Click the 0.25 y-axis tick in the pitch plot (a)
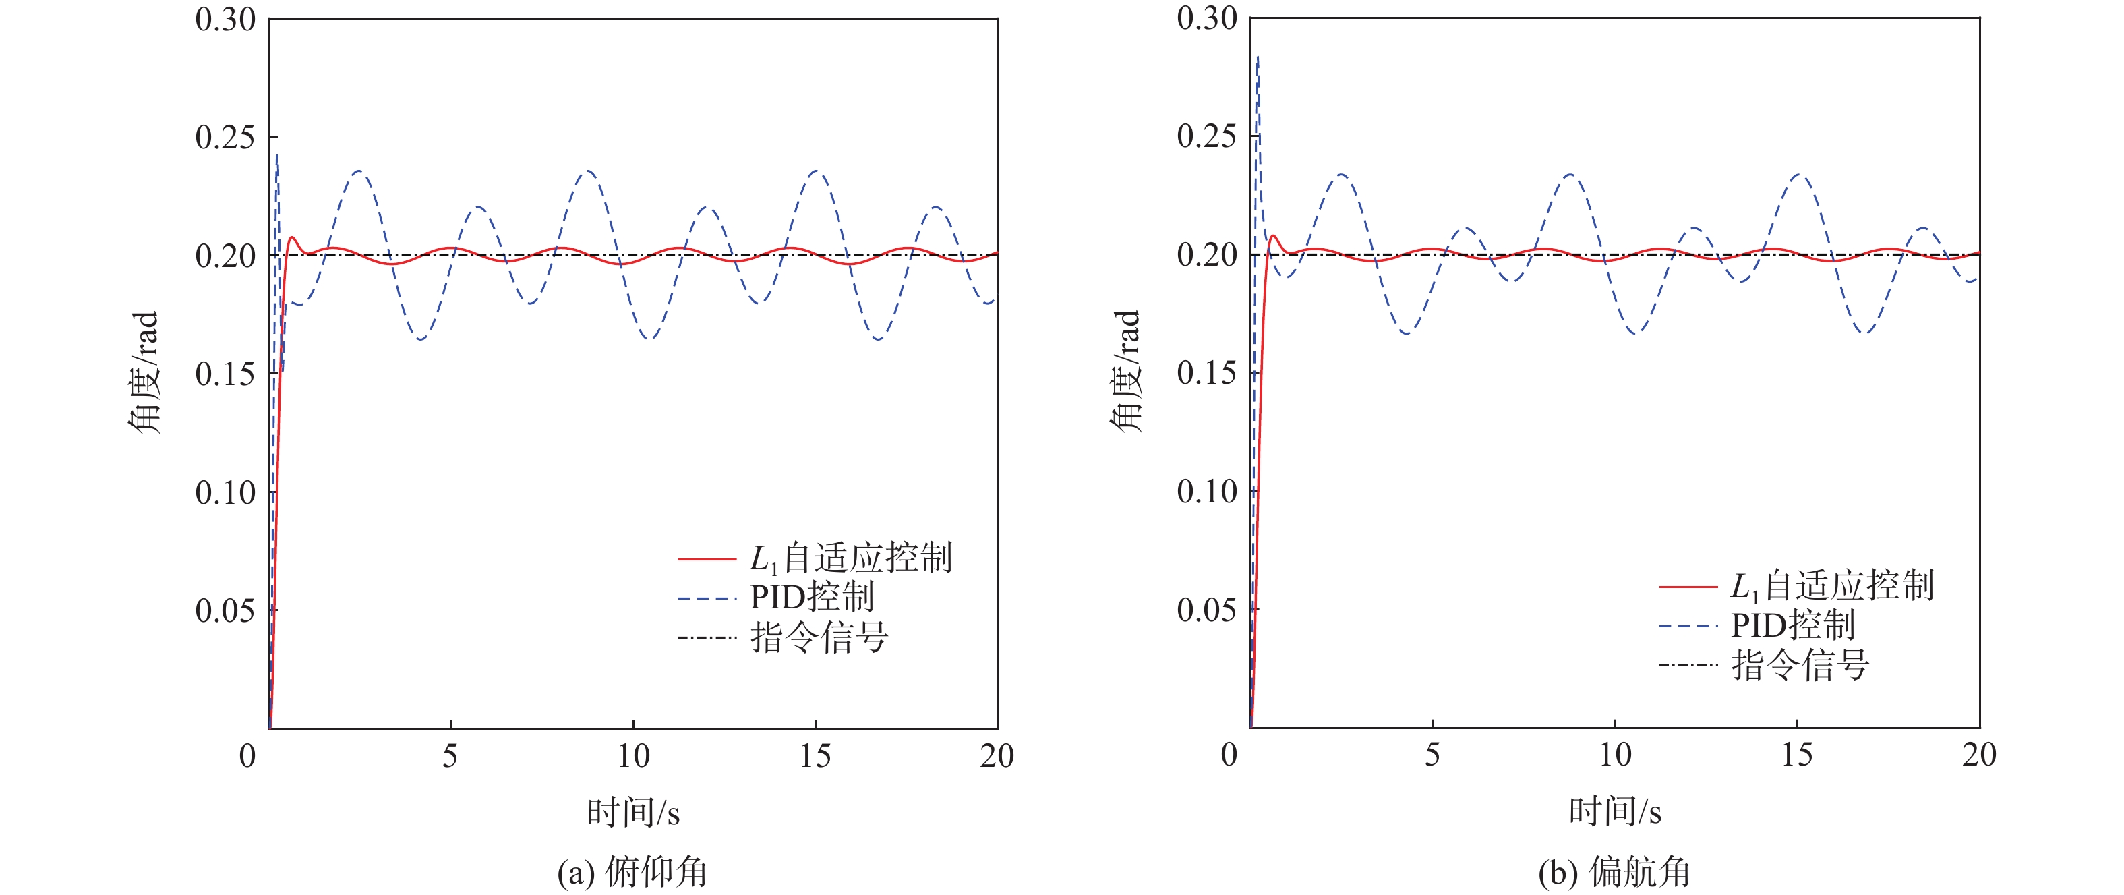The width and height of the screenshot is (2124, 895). coord(225,137)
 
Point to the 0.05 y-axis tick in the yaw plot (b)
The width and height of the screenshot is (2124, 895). coord(1206,610)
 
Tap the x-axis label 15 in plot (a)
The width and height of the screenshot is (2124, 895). coord(815,755)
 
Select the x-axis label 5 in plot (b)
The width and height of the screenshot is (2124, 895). coord(1432,755)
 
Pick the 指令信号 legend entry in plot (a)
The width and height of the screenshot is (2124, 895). coord(819,637)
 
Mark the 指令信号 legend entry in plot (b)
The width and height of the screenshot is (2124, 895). coord(1800,665)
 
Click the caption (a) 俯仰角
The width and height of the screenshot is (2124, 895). coord(632,872)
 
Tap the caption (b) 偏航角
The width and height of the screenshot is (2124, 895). coord(1614,872)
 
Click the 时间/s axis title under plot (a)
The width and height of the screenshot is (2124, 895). coord(633,813)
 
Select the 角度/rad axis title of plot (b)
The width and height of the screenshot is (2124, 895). coord(1125,371)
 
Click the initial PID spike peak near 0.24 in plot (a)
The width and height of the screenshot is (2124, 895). coord(277,155)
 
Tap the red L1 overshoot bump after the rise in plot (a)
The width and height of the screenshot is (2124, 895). coord(292,237)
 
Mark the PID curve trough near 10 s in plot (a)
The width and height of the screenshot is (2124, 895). coord(650,338)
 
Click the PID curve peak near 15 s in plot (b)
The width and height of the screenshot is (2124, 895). coord(1798,175)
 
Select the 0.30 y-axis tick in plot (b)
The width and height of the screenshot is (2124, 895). coord(1206,18)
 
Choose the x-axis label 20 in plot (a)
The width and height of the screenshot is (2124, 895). coord(997,755)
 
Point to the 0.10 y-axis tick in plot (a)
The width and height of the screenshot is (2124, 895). coord(225,492)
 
